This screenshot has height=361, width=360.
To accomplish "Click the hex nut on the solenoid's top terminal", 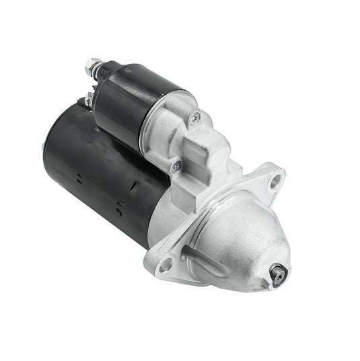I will [93, 67].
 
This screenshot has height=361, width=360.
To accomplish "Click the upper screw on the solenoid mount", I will [195, 119].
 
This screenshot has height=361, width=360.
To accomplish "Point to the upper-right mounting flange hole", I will [275, 179].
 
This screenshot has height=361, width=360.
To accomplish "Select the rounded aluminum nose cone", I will [242, 235].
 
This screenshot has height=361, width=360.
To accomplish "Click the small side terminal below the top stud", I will [88, 101].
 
